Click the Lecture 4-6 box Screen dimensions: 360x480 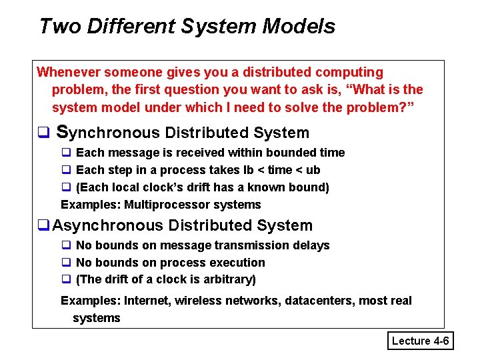421,341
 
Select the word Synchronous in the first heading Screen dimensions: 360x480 108,133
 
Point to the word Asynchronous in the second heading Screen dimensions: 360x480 109,226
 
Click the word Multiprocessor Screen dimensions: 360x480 163,205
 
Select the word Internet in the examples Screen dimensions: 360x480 147,301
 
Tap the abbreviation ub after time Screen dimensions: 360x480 313,170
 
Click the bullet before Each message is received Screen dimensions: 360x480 67,153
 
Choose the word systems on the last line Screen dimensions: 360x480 97,318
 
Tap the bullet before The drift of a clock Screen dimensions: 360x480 67,280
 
